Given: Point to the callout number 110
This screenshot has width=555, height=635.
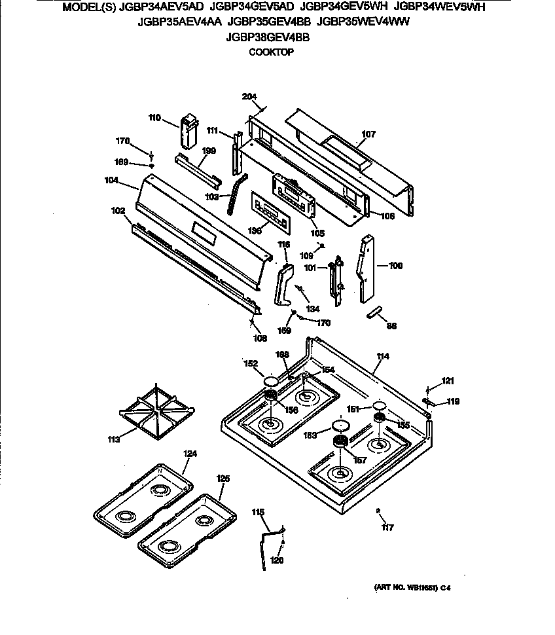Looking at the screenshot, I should point(154,118).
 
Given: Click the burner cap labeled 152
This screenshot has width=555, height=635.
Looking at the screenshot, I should point(271,381).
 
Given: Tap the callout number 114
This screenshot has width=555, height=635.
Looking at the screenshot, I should point(382,357).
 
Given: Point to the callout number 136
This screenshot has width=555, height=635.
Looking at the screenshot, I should point(255,230).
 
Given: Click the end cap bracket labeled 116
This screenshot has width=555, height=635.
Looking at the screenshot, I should point(283,283).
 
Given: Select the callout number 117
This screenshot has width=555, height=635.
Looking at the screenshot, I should point(387,527).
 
